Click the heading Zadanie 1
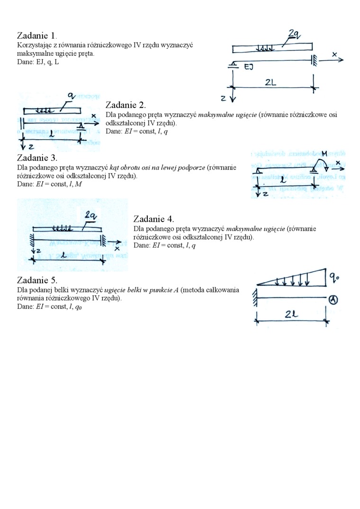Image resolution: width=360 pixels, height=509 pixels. point(37,36)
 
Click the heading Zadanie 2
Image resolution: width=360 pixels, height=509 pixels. point(126,105)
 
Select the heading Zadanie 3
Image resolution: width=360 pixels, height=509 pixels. point(37,158)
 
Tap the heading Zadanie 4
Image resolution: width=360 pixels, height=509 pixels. point(154,219)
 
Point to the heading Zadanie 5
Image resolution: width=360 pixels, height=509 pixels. point(37,280)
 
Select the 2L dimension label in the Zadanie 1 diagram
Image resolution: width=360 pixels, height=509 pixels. point(270,81)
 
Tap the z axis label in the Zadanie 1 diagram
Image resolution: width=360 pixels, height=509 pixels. point(223,98)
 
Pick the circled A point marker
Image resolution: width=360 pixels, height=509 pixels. point(333,298)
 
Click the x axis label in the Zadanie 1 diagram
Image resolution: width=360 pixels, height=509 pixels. point(335,54)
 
